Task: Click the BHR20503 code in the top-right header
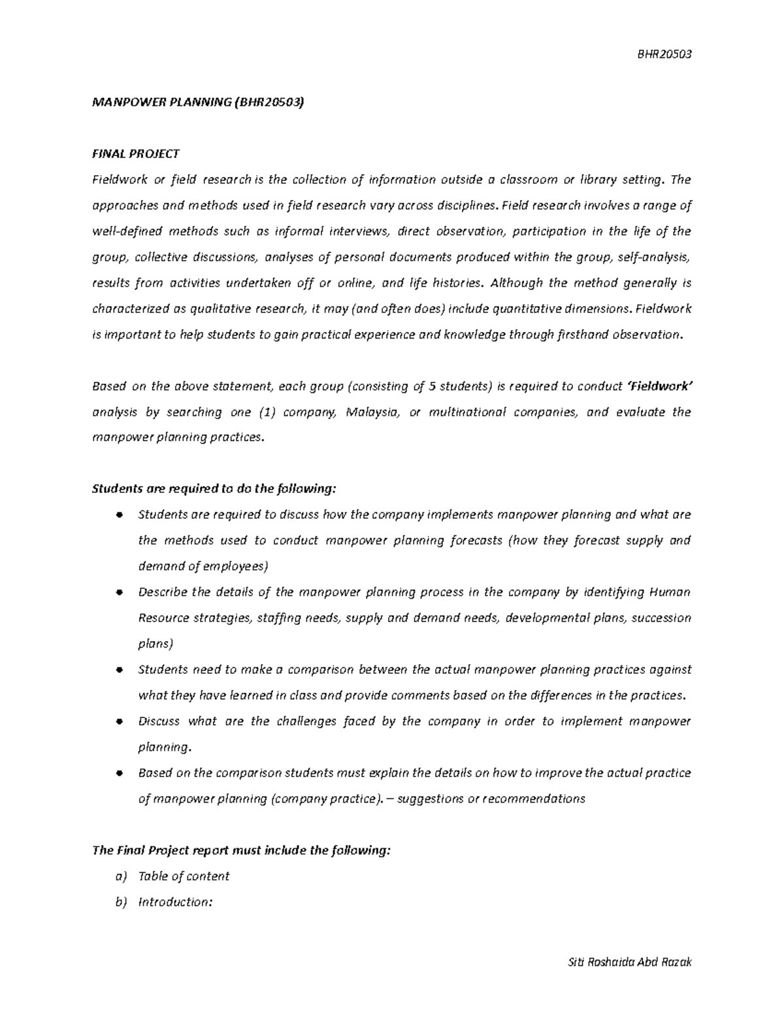(x=664, y=54)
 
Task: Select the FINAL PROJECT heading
(x=135, y=154)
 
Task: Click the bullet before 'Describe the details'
(x=118, y=593)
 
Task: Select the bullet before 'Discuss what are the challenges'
(x=118, y=722)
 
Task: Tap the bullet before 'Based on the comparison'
(x=118, y=773)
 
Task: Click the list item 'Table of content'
(x=184, y=876)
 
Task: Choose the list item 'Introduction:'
(x=175, y=902)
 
